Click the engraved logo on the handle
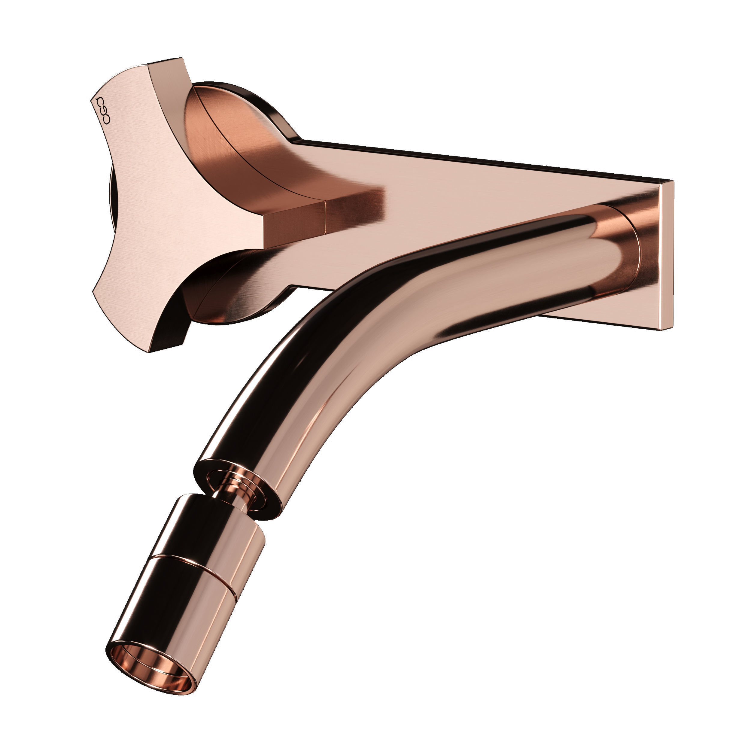click(103, 110)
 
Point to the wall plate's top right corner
click(672, 181)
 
